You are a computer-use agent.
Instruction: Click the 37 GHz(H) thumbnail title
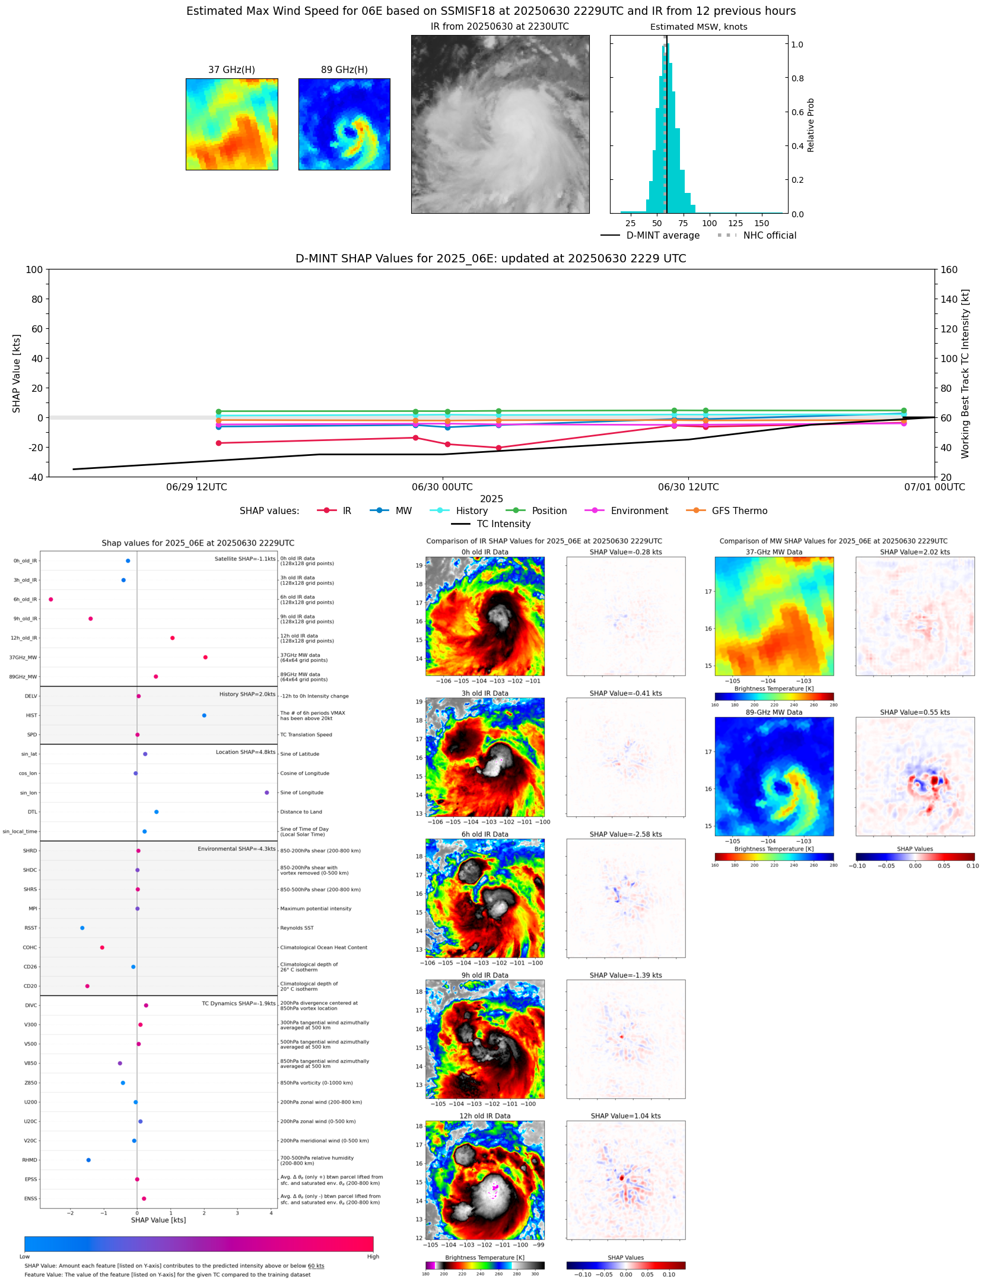click(231, 70)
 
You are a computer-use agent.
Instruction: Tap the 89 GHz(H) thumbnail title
click(344, 70)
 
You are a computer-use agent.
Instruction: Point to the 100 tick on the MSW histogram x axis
click(709, 224)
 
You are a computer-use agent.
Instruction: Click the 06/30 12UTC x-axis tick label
click(688, 487)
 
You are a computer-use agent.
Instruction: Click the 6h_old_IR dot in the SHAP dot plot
click(51, 600)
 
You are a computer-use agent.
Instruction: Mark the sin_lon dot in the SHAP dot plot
click(267, 793)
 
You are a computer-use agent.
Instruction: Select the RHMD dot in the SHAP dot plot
click(88, 1160)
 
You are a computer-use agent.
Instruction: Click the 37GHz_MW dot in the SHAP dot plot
click(205, 657)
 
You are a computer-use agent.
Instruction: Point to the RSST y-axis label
click(30, 928)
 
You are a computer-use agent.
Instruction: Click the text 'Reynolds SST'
click(297, 928)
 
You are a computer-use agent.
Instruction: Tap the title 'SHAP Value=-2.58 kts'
click(625, 835)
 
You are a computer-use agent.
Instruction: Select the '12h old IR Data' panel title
click(485, 1116)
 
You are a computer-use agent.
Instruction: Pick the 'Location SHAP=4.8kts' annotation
click(245, 752)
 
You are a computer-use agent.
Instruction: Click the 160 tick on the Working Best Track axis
click(949, 269)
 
